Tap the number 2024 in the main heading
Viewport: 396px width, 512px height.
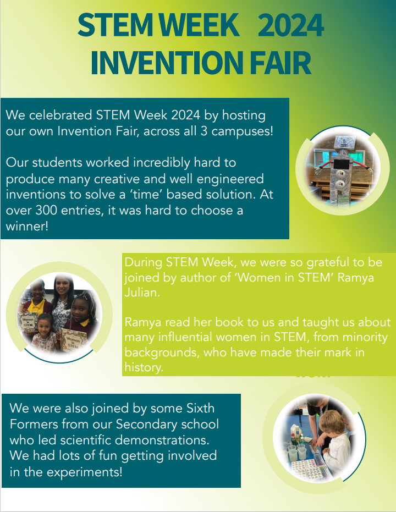tap(290, 25)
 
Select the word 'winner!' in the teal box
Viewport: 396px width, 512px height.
tap(27, 226)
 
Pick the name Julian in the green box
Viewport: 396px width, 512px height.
tap(142, 293)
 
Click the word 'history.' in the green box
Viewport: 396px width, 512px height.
tap(144, 368)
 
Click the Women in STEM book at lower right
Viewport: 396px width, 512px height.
tap(73, 340)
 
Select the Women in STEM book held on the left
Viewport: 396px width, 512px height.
tap(27, 323)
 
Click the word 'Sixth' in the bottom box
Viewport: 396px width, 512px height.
tap(200, 408)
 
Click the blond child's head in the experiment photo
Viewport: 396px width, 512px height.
tap(332, 423)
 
